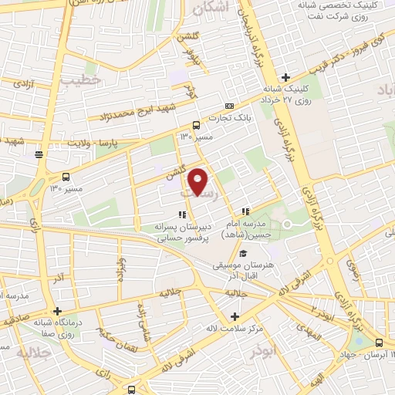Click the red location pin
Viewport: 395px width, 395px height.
(198, 181)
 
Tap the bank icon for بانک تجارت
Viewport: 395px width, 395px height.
(228, 105)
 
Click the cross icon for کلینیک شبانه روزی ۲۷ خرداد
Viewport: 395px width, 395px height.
(285, 77)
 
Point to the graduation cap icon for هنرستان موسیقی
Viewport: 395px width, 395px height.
(243, 254)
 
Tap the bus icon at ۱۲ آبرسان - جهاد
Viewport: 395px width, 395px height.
(379, 342)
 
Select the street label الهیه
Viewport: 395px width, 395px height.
(317, 378)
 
